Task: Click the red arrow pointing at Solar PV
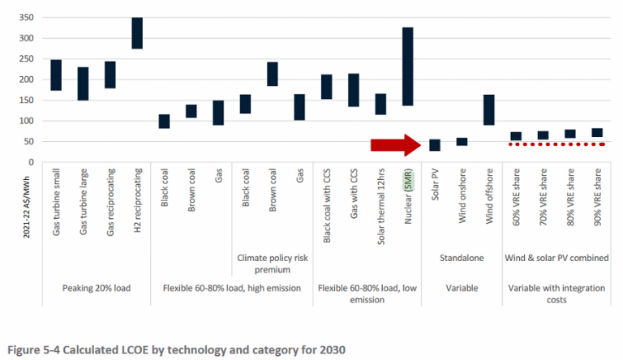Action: tap(396, 144)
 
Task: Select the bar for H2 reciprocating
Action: tap(136, 32)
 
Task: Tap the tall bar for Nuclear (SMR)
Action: tap(407, 66)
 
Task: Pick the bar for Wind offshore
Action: tap(488, 109)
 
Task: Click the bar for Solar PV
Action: tap(435, 145)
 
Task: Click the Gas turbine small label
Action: tap(57, 200)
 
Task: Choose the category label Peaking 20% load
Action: tap(97, 288)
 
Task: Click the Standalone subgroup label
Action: tap(461, 258)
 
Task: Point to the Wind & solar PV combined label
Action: tap(556, 258)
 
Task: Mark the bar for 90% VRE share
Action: tap(597, 133)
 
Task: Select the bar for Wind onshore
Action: tap(462, 142)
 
